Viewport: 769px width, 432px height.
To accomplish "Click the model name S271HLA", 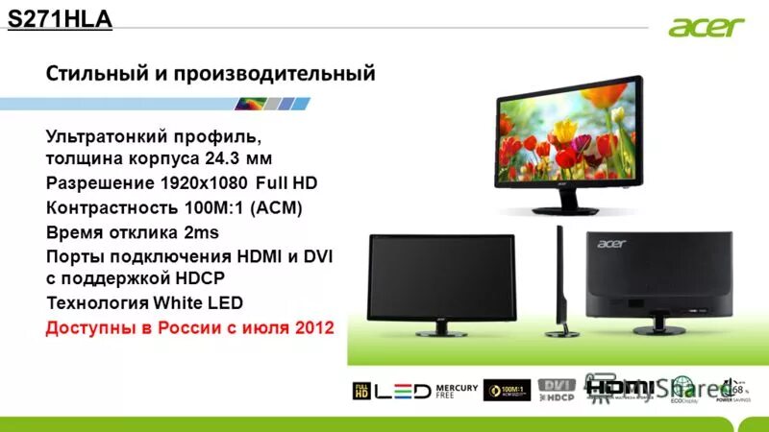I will [x=60, y=18].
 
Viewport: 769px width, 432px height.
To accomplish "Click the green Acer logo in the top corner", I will [x=707, y=26].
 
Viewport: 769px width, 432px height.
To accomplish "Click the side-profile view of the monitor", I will [x=558, y=283].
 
